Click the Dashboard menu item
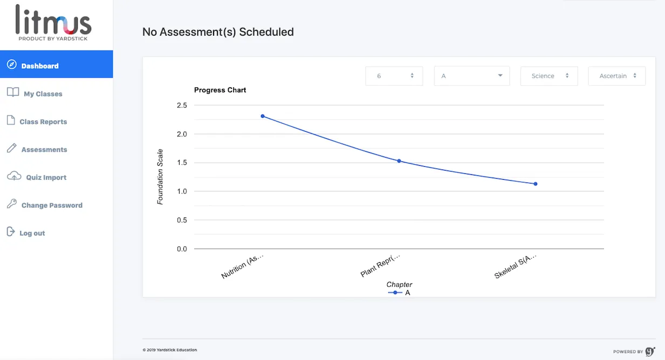tap(40, 66)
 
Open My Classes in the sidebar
tap(43, 94)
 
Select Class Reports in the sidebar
tap(43, 122)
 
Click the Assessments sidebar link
tap(44, 150)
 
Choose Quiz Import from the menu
tap(46, 178)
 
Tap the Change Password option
tap(52, 206)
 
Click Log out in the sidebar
tap(32, 233)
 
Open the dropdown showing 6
tap(394, 76)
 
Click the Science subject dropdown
tap(549, 76)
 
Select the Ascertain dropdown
tap(616, 76)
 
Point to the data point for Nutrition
tap(263, 116)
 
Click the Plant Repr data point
tap(399, 161)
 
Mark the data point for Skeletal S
tap(536, 184)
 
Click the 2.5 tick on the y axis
tap(182, 105)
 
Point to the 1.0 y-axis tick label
tap(182, 192)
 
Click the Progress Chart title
tap(220, 90)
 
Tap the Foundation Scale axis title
tap(160, 177)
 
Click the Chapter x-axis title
tap(399, 284)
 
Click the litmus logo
tap(53, 23)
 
